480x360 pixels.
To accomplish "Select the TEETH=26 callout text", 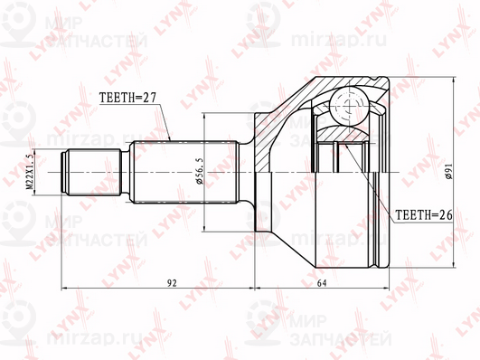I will click(421, 215).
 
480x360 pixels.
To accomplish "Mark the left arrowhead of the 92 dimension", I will click(65, 291).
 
